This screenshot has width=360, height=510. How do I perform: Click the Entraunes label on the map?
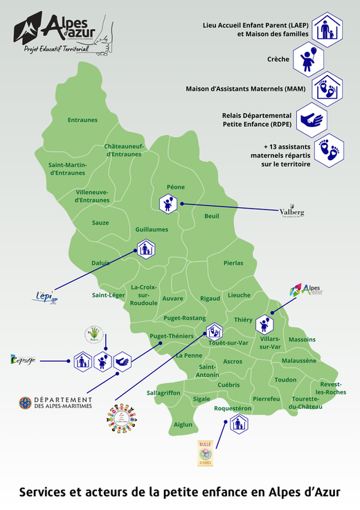(x=82, y=120)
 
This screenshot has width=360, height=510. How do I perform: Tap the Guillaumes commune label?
(x=152, y=229)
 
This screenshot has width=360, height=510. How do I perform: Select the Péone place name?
(x=176, y=187)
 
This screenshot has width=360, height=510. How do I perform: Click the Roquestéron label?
(x=232, y=409)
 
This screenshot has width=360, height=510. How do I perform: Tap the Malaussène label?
(x=299, y=360)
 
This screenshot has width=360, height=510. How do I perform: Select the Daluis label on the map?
(x=101, y=263)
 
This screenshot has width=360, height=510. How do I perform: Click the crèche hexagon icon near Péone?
(x=168, y=204)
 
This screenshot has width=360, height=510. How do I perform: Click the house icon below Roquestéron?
(x=238, y=425)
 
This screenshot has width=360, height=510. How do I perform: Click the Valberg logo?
(x=291, y=212)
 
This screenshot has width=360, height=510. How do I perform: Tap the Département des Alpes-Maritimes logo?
(x=55, y=403)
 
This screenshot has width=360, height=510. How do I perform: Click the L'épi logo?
(x=44, y=297)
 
